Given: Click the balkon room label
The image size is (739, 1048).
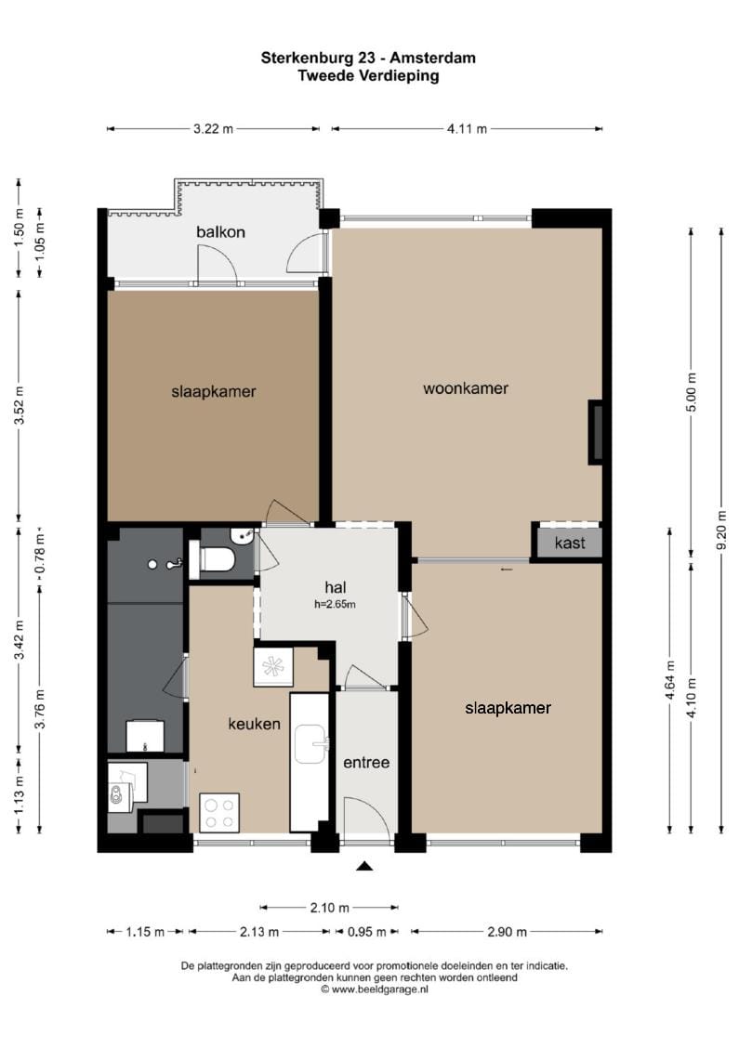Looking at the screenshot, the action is coord(220,232).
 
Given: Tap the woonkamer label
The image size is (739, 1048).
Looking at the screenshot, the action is coord(466,388).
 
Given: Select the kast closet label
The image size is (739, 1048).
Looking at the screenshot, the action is coord(570,543).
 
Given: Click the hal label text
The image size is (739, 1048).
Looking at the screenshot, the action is coord(335,587).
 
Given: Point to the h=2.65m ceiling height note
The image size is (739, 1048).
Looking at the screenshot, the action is coord(335,605).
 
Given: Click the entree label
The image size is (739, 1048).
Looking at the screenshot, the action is coord(366,763).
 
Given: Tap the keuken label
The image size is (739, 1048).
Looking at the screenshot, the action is coord(254,724).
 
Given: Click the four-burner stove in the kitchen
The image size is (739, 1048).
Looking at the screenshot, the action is coord(219,812).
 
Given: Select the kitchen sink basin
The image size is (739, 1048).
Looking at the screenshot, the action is coord(311,744).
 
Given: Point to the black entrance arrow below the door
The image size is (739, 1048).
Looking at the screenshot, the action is coord(364,866).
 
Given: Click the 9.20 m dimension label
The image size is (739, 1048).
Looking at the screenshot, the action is coord(721,530).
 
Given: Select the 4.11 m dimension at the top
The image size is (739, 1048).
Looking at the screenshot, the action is coord(467,129).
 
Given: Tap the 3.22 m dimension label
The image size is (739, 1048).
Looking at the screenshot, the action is coord(214,129).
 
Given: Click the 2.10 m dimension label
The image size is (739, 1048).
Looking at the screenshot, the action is coord(330,908).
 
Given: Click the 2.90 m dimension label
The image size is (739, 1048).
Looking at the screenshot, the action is coord(507,932).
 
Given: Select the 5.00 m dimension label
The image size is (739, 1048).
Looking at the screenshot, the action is coord(692,392).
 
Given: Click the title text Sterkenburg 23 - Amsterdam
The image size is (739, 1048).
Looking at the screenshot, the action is coord(368,59).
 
